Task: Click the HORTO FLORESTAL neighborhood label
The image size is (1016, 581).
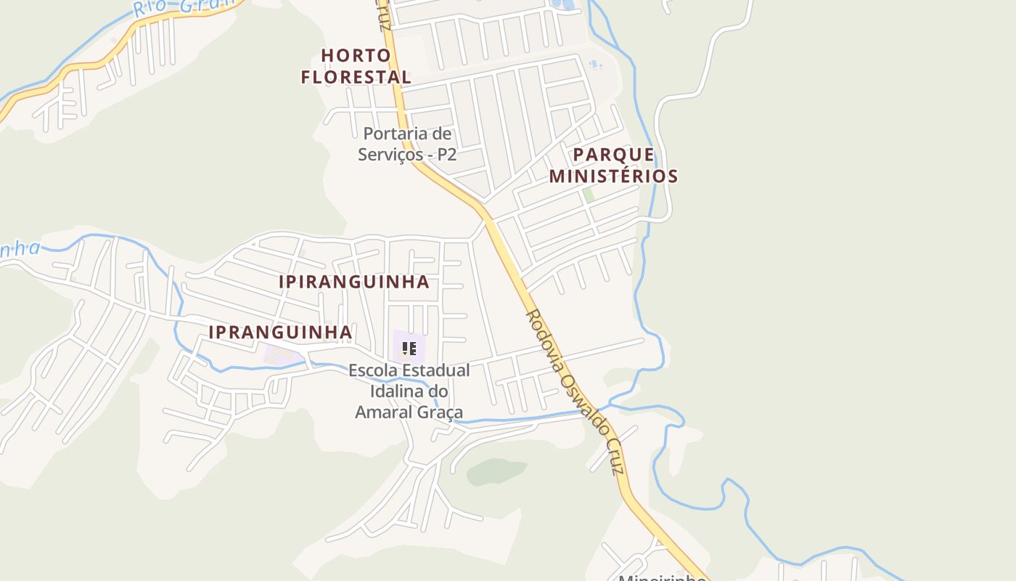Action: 356,66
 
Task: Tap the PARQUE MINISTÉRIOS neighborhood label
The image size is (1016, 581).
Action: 613,166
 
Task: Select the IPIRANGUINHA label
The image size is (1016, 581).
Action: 354,282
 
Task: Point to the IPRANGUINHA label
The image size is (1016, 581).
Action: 280,332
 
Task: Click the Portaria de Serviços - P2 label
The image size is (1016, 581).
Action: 406,144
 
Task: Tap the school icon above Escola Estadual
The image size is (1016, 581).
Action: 409,349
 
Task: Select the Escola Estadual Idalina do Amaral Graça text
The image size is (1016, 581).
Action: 409,391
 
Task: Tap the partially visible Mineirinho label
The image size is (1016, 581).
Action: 662,577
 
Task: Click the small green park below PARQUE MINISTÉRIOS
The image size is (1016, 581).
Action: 589,195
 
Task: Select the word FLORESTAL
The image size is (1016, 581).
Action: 356,76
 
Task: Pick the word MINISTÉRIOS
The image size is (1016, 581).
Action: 613,176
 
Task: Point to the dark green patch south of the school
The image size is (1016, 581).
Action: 496,472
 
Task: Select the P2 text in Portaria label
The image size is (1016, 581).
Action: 446,155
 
